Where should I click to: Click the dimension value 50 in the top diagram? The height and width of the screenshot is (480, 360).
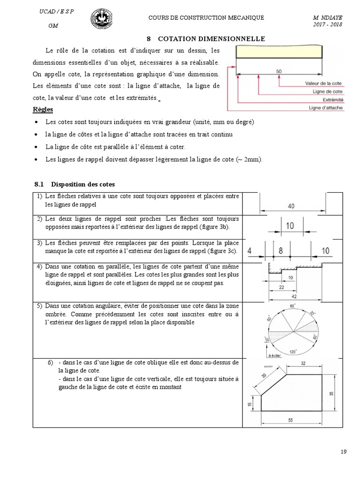tap(279, 71)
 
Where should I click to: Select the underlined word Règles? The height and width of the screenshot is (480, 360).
tap(43, 110)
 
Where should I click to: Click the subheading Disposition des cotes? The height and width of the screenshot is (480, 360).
tap(82, 184)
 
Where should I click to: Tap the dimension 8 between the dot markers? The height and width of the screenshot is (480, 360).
tap(280, 251)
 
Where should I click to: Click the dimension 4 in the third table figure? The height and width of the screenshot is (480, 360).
tap(250, 251)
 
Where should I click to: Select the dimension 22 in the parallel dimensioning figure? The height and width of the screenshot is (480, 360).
tap(281, 287)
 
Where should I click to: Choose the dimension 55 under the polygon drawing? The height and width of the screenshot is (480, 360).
tap(290, 420)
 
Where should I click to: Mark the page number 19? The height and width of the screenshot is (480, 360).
tap(343, 452)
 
